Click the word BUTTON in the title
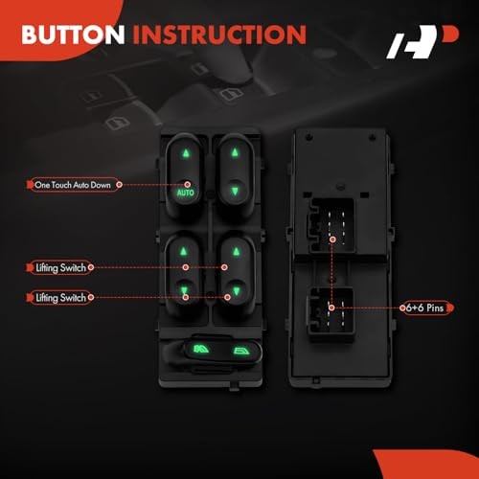tap(73, 34)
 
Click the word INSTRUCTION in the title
tap(219, 34)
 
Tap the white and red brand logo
tap(422, 41)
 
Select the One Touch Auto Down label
tap(73, 185)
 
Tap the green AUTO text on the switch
tap(186, 193)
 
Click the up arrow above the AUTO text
tap(186, 153)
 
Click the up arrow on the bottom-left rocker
tap(183, 252)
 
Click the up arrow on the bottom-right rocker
tap(237, 252)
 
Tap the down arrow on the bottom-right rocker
tap(237, 291)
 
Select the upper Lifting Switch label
tap(60, 267)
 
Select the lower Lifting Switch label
tap(60, 298)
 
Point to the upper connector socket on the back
tap(331, 225)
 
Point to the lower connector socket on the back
tap(331, 314)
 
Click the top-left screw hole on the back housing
tap(308, 137)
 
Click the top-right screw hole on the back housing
tap(372, 137)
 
